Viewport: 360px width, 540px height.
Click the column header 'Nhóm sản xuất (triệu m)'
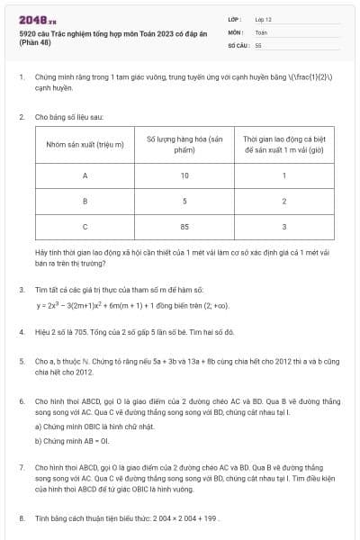click(85, 145)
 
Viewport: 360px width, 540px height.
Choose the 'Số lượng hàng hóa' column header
click(184, 145)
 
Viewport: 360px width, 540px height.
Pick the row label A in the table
click(85, 176)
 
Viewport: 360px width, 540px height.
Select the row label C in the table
click(85, 227)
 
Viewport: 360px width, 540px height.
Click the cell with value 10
click(184, 176)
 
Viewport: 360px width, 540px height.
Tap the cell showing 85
click(184, 227)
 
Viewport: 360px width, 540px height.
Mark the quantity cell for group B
click(184, 202)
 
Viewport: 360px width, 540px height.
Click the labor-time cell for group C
click(283, 227)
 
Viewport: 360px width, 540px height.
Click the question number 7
click(22, 468)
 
